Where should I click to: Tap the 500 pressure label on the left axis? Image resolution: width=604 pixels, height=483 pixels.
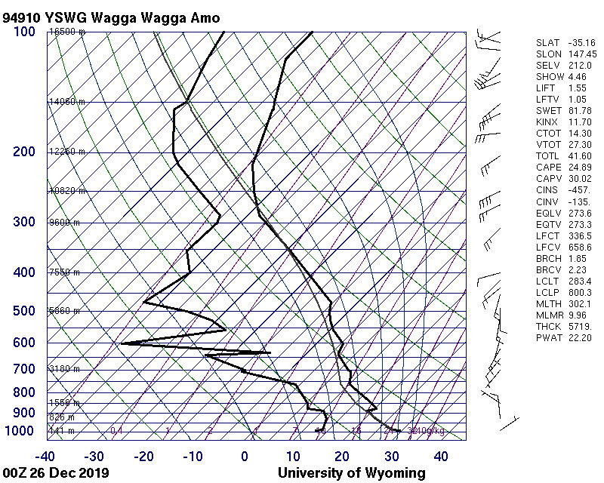pos(24,312)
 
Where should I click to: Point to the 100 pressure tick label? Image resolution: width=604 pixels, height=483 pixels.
pos(24,31)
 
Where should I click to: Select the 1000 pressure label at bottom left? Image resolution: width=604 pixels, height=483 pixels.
pos(20,431)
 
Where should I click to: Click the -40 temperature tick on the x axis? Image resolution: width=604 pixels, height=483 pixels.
pos(45,456)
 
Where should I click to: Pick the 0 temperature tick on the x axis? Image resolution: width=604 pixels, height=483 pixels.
pos(245,456)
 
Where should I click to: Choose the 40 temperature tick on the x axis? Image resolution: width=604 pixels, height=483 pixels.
pos(440,456)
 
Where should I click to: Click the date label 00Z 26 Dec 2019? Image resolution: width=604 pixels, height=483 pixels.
pos(56,473)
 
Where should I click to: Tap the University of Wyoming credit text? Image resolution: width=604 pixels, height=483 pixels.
pos(351,473)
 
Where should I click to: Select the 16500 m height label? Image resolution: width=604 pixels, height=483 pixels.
pos(66,32)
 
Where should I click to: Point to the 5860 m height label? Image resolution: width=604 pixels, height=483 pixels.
pos(64,311)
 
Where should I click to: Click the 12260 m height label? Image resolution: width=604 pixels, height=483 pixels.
pos(66,152)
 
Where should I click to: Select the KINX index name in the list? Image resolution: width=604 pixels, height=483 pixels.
pos(548,122)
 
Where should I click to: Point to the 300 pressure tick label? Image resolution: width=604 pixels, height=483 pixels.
pos(24,223)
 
